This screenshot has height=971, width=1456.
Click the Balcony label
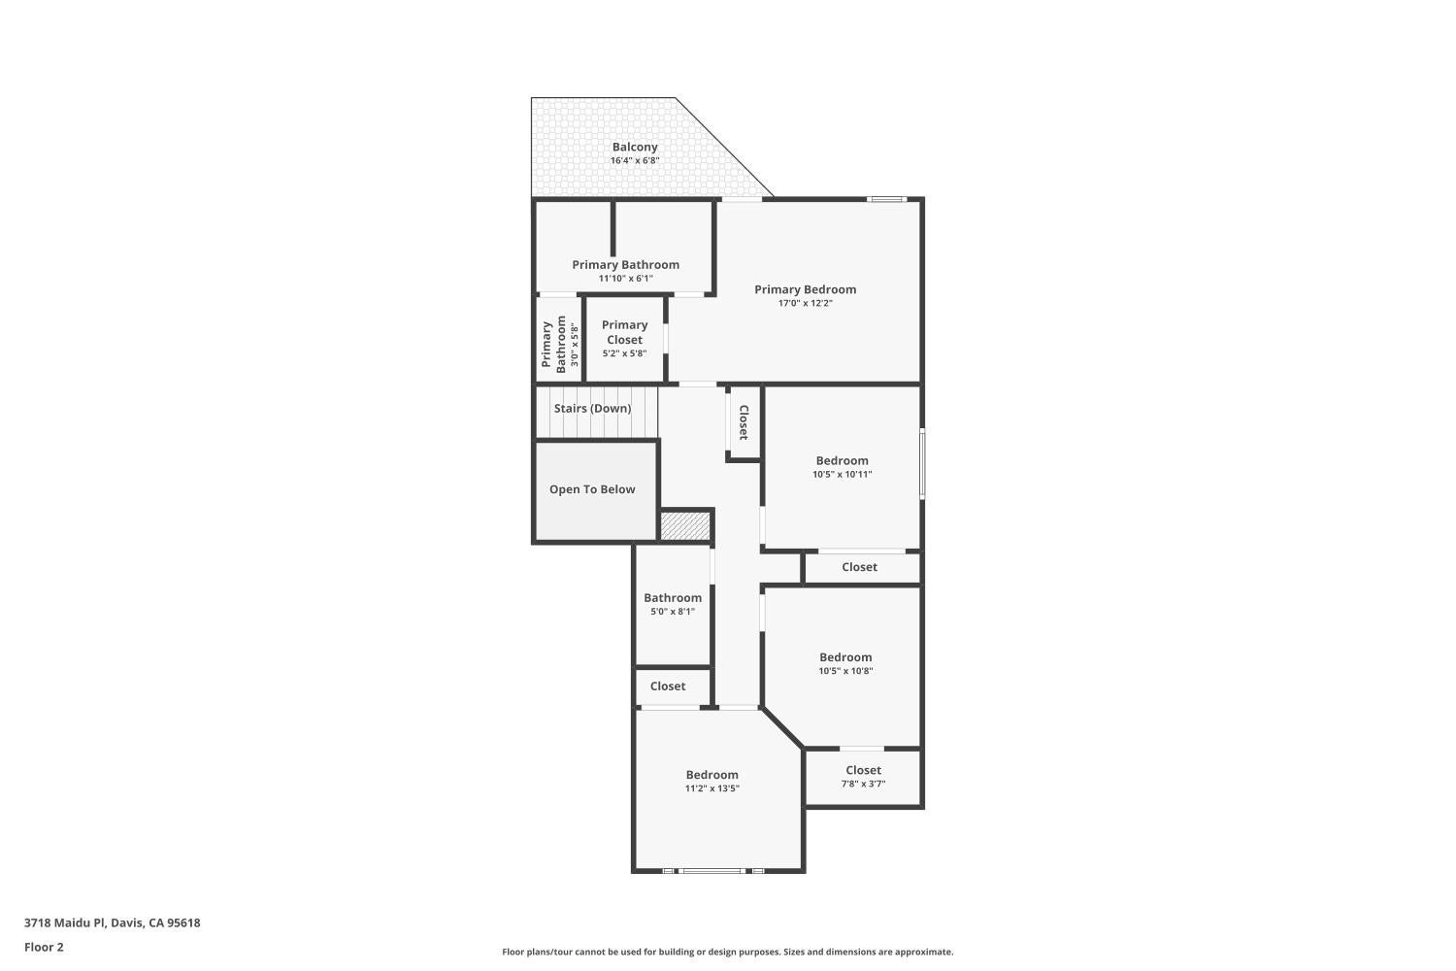click(x=635, y=148)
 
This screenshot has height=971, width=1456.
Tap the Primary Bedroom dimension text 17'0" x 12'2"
click(x=806, y=303)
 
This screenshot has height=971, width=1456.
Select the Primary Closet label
click(x=625, y=332)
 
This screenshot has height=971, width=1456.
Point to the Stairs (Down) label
click(x=592, y=409)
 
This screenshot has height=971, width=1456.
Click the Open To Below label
click(x=592, y=489)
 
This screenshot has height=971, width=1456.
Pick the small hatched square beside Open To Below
click(x=685, y=525)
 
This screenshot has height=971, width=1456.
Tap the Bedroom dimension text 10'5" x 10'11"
click(x=842, y=474)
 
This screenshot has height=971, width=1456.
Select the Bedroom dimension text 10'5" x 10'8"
click(x=845, y=671)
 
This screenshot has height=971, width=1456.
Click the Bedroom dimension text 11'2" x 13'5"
click(x=711, y=788)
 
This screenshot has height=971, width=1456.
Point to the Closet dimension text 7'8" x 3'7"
click(x=863, y=784)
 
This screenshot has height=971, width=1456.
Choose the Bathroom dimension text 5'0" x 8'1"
click(x=673, y=612)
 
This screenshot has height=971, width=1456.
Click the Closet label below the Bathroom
click(x=668, y=686)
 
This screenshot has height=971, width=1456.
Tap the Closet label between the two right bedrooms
click(x=859, y=567)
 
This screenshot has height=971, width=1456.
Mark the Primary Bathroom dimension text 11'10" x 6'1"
click(x=625, y=279)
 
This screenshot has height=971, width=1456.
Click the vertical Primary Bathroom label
click(x=553, y=345)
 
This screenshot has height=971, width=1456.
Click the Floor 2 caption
click(x=45, y=947)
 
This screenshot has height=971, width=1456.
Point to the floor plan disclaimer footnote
click(x=727, y=952)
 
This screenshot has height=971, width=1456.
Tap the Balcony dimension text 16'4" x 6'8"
click(x=635, y=160)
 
